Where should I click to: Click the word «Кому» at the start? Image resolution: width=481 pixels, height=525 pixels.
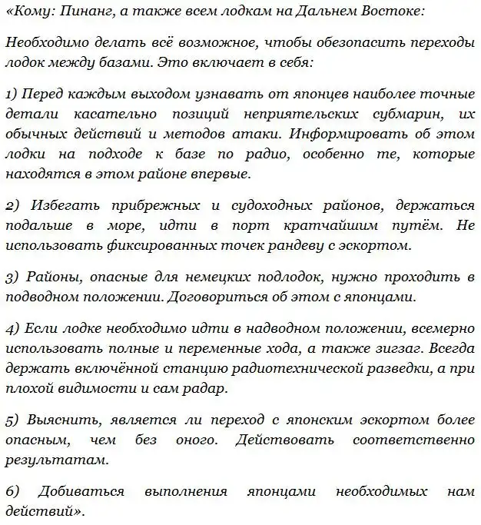coord(27,15)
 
